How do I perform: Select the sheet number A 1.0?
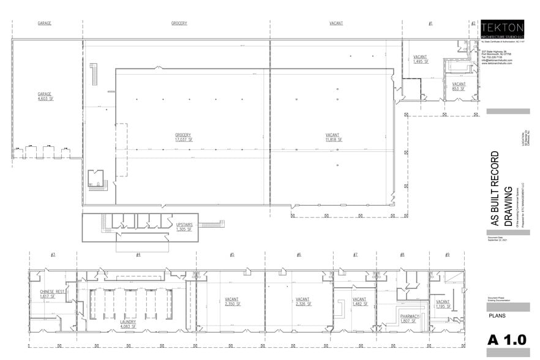[x=506, y=340]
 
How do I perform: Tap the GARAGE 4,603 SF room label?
[x=44, y=96]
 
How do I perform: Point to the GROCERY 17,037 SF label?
[x=183, y=137]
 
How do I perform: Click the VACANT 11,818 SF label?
[x=332, y=137]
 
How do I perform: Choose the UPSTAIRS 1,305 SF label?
[x=184, y=227]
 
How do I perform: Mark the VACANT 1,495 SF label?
[x=421, y=59]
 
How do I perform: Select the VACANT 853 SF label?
[x=459, y=86]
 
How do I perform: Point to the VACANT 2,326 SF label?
[x=304, y=302]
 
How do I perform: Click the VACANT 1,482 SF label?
[x=359, y=302]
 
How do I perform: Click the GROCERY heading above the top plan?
[x=179, y=23]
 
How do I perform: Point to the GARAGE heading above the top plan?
[x=44, y=23]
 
